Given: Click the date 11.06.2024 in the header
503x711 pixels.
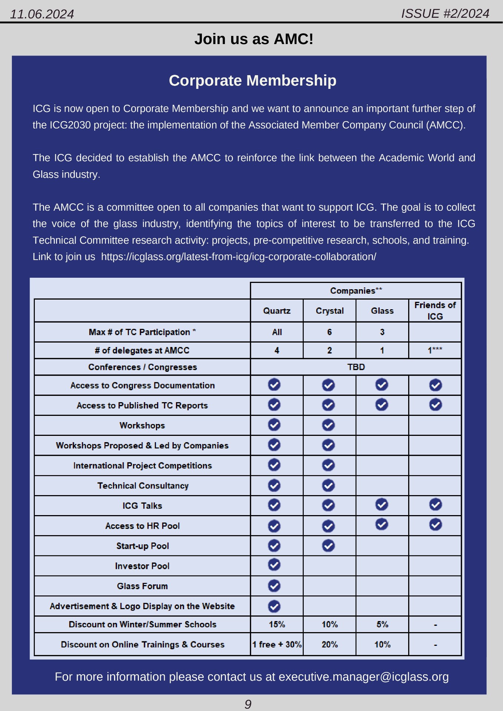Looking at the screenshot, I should point(42,14).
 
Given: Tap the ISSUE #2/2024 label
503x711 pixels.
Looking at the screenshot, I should point(445,14).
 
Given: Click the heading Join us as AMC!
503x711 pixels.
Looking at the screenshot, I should point(254,39).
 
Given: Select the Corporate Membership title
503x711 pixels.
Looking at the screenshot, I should point(253,80).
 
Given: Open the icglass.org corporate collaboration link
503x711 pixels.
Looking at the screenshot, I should point(239,257).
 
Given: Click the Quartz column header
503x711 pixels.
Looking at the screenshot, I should point(277,311).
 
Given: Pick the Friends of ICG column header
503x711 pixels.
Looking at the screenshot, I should point(435,311).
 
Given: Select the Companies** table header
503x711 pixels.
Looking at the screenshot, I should point(356,291).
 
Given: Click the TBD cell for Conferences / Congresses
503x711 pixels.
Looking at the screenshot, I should point(356,367).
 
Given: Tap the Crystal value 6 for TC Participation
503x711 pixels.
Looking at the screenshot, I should point(329,332).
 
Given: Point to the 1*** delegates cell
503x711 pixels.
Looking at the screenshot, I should point(435,350).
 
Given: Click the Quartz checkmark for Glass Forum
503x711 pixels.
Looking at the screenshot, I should point(274,586).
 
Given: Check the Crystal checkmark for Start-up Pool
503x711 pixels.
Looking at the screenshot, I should point(328,545).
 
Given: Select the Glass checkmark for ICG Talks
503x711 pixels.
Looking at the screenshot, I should point(382,504).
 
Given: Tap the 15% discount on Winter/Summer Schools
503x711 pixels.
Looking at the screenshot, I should point(277,624).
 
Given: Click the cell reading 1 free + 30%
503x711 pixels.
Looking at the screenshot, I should point(277,644).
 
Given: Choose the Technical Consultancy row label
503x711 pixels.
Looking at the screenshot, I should point(143,485).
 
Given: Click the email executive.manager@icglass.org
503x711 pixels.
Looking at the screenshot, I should point(363,677).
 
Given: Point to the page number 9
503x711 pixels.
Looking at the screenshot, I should point(248,704).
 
